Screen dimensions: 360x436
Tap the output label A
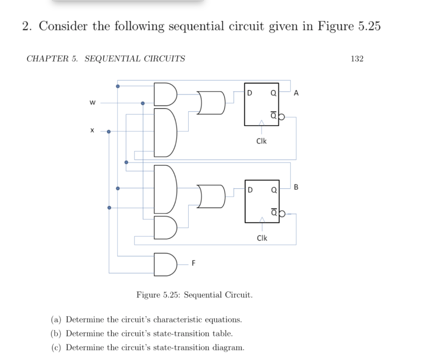[x=296, y=93]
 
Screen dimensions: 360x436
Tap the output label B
[x=296, y=187]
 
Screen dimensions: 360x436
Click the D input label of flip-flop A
[x=250, y=92]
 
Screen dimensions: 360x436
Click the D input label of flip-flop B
[x=250, y=189]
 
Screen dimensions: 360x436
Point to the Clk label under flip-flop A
[x=261, y=141]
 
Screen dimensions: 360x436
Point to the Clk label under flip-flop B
[x=262, y=238]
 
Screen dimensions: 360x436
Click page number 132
[x=357, y=59]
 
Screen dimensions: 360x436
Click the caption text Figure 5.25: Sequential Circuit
[x=194, y=295]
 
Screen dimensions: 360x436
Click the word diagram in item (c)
[x=229, y=348]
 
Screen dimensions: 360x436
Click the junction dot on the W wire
[x=143, y=103]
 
